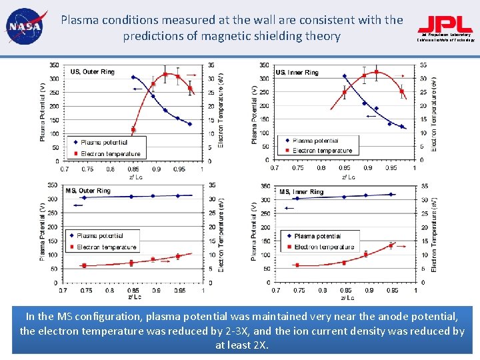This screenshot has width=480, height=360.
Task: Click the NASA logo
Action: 24,27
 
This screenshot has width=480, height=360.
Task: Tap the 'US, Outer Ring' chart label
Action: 92,72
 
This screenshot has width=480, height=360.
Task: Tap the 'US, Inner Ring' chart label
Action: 297,72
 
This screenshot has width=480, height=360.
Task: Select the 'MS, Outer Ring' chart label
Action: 89,191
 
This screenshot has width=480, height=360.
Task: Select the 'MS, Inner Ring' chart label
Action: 301,192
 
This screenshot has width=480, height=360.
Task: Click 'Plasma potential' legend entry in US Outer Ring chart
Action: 104,142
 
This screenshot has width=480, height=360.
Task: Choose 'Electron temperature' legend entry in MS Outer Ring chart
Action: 107,247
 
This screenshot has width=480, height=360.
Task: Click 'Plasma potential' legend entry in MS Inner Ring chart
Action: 317,236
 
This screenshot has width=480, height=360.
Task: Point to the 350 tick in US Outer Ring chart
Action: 53,65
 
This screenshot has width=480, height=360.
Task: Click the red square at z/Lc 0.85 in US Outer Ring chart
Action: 133,130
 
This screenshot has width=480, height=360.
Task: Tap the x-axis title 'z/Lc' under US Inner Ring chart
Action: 348,177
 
